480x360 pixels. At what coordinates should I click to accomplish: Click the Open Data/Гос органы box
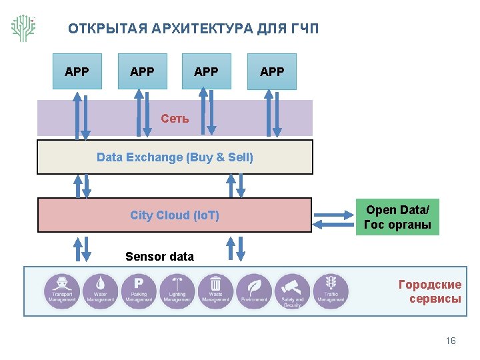[397, 217]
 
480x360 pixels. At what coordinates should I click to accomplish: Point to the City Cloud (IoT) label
[175, 215]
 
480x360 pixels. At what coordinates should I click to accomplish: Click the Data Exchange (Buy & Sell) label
[175, 157]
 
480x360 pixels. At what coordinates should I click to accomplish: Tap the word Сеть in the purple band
[175, 119]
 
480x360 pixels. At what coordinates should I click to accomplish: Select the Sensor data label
[159, 257]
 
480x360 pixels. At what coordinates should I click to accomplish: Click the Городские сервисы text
[429, 291]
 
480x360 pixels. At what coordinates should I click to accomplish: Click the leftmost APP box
[77, 71]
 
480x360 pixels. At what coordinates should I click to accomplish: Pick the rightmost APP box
[271, 71]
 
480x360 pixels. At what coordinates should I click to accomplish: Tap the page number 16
[451, 341]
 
